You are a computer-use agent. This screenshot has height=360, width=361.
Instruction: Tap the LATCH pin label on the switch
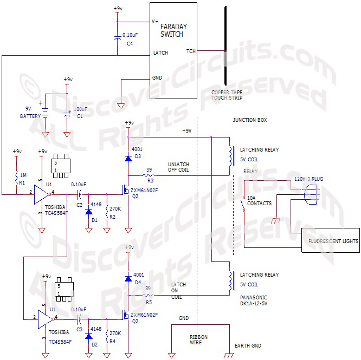click(161, 53)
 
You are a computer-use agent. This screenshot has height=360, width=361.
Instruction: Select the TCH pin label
click(191, 51)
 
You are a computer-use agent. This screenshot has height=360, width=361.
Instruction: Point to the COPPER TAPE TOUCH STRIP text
click(227, 96)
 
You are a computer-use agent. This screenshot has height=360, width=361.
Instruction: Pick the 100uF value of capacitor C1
click(80, 110)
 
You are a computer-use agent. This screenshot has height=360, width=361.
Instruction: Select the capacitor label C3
click(79, 329)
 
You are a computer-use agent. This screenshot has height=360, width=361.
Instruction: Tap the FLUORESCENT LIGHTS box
click(330, 241)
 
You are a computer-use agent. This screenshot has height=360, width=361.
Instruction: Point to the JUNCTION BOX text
click(250, 120)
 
